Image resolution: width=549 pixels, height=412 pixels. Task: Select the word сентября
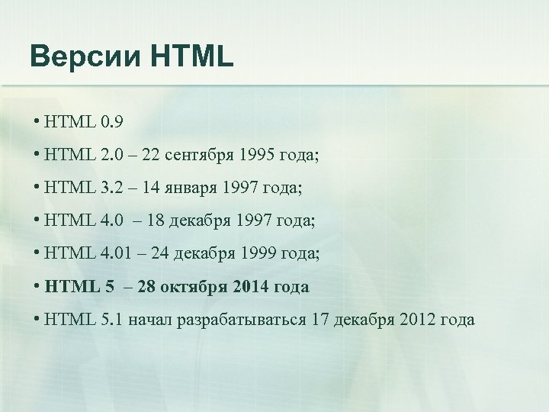tap(201, 156)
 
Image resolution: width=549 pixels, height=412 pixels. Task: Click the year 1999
tap(259, 253)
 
